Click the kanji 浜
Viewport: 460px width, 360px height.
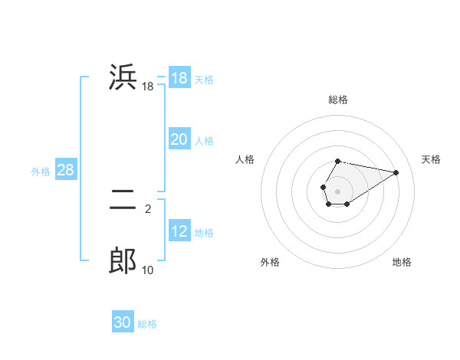click(123, 78)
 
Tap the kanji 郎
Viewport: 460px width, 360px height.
click(123, 262)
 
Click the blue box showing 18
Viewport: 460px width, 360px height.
click(179, 78)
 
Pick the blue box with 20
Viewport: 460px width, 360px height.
click(179, 139)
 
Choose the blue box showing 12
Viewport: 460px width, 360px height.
click(179, 231)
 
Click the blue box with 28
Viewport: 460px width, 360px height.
click(65, 170)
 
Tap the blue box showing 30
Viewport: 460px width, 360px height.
click(123, 322)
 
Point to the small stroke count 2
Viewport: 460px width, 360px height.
click(148, 208)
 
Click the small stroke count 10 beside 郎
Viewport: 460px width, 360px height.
click(148, 270)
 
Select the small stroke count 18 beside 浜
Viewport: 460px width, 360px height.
click(148, 87)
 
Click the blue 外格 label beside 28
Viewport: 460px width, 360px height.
click(41, 172)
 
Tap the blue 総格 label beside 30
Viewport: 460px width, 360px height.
click(147, 324)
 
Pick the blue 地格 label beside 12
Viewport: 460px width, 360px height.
click(204, 233)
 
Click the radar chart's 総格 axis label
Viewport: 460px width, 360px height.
click(338, 100)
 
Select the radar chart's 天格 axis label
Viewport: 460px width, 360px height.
click(431, 159)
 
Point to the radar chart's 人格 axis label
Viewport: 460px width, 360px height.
click(245, 159)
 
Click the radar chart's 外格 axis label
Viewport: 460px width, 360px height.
click(270, 263)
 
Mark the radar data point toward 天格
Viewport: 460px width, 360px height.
click(396, 172)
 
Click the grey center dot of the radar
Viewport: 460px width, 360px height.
click(338, 190)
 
